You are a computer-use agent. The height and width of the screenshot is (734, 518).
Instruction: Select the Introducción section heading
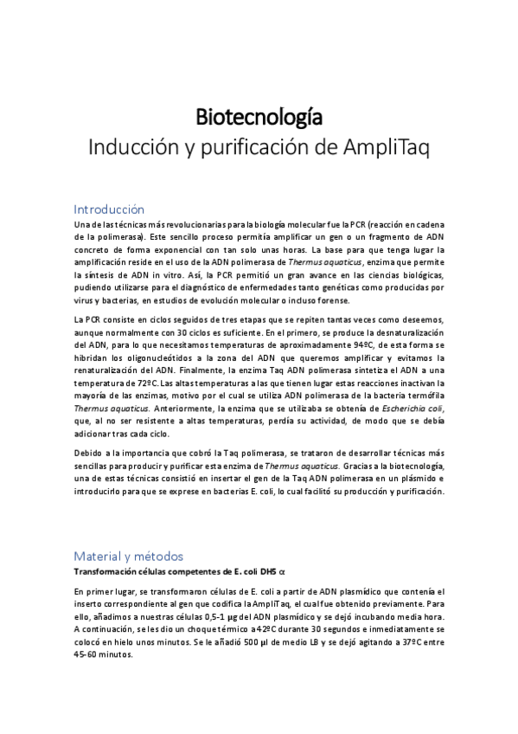[109, 209]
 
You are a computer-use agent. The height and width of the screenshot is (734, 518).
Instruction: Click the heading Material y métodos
[129, 556]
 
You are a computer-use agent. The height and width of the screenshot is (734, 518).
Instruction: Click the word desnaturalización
[398, 332]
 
